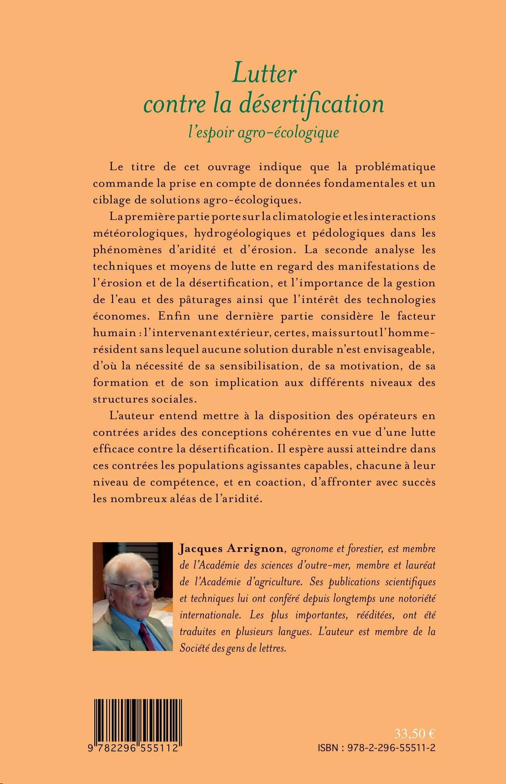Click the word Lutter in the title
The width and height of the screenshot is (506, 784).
tap(264, 73)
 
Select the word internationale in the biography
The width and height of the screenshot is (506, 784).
tap(210, 616)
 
